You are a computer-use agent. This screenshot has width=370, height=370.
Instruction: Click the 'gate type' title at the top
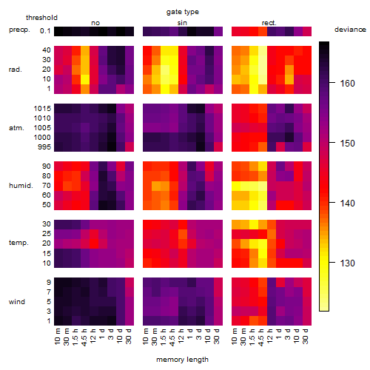point(183,12)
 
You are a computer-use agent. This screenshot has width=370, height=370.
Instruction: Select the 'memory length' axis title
point(182,360)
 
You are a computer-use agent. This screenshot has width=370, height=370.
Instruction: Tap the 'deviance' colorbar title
point(350,30)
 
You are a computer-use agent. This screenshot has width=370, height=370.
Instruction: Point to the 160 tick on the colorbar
point(332,83)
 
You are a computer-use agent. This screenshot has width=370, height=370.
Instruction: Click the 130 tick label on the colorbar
point(347,263)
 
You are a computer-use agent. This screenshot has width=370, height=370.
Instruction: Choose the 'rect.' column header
point(269,23)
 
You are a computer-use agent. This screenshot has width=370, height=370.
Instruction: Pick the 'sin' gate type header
point(182,23)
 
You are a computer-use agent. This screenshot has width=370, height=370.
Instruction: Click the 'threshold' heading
point(41,18)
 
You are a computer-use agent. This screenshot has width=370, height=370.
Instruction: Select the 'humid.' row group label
point(21,186)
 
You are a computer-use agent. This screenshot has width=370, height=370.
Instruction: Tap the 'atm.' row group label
point(16,128)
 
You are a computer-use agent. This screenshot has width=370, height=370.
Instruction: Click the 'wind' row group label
point(17,302)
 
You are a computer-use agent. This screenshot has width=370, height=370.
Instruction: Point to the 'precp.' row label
point(19,30)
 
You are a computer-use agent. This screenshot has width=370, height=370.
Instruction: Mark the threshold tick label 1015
point(42,109)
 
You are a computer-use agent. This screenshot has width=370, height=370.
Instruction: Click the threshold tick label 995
point(44,147)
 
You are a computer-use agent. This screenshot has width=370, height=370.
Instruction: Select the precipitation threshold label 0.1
point(45,31)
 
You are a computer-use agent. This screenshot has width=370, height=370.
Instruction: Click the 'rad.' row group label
point(16,70)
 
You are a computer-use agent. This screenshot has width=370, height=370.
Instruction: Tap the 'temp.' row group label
point(18,243)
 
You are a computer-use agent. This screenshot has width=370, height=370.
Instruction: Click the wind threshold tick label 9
point(49,283)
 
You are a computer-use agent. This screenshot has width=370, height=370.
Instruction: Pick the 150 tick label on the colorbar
point(347,144)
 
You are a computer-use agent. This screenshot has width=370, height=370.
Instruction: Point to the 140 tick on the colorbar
point(332,202)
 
